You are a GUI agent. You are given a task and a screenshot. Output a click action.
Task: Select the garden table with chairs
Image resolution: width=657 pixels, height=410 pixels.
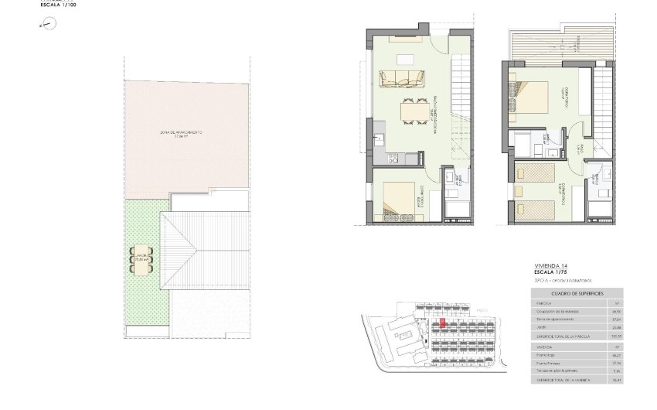click(x=141, y=259)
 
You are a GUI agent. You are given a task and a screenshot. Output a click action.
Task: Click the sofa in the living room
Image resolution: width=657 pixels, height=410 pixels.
click(x=402, y=77)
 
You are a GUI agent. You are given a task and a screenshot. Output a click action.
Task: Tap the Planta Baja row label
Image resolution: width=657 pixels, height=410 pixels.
click(x=543, y=354)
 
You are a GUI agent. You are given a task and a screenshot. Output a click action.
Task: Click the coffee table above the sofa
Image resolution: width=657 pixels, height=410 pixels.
click(x=404, y=60)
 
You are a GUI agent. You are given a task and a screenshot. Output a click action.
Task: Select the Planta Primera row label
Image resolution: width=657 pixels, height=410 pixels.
click(x=545, y=363)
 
